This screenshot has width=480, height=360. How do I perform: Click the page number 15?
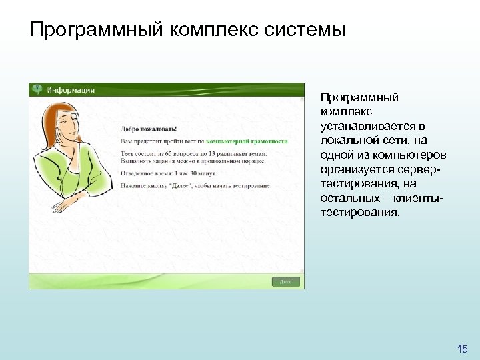tap(463, 349)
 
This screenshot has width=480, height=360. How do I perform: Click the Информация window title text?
tap(70, 90)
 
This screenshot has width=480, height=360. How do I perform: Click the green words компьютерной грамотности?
tap(247, 141)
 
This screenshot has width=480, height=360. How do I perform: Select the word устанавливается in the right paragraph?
tap(365, 126)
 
